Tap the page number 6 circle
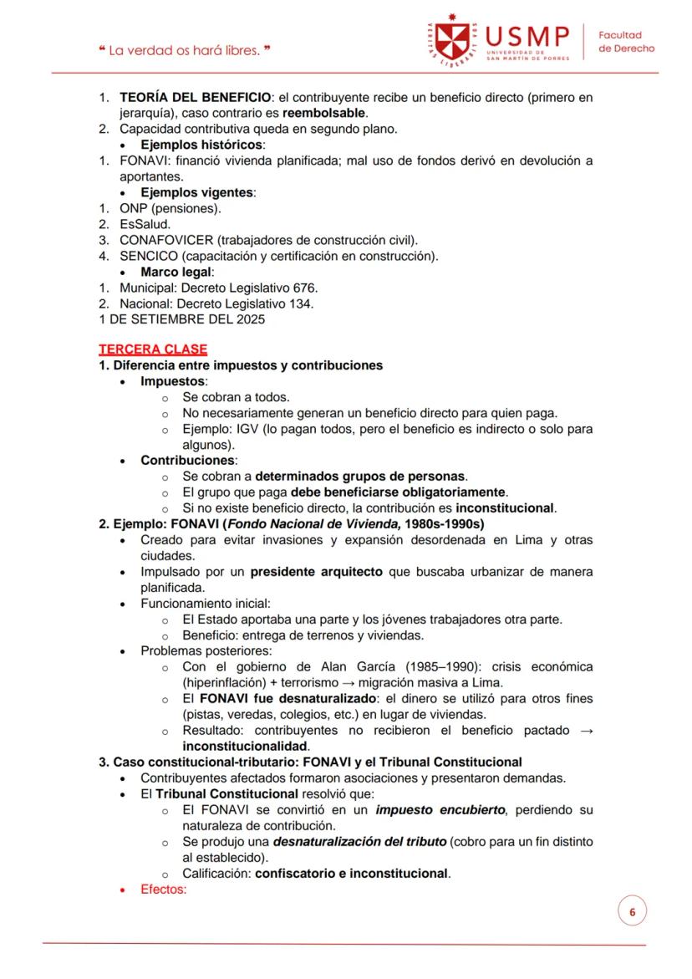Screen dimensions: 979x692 pos(632,911)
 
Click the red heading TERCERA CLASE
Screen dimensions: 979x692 pos(153,349)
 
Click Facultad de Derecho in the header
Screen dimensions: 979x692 pos(626,42)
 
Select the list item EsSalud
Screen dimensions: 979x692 pos(145,224)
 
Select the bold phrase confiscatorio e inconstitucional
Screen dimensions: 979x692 pos(352,874)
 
